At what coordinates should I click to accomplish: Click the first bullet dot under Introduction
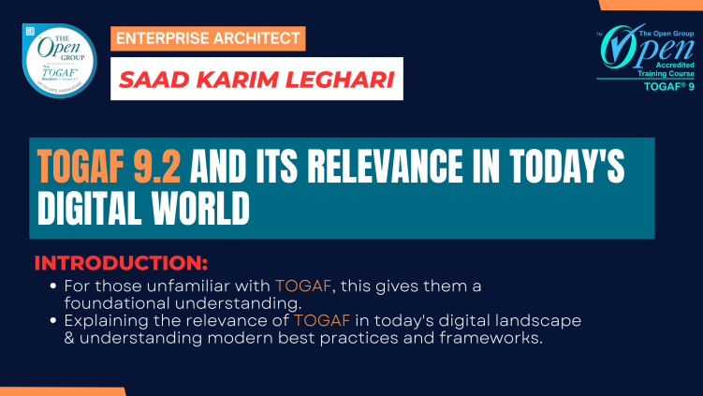tap(53, 285)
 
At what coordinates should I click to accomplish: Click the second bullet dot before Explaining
tap(53, 320)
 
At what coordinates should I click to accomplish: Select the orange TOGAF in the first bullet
tap(298, 285)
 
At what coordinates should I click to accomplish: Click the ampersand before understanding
tap(70, 338)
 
